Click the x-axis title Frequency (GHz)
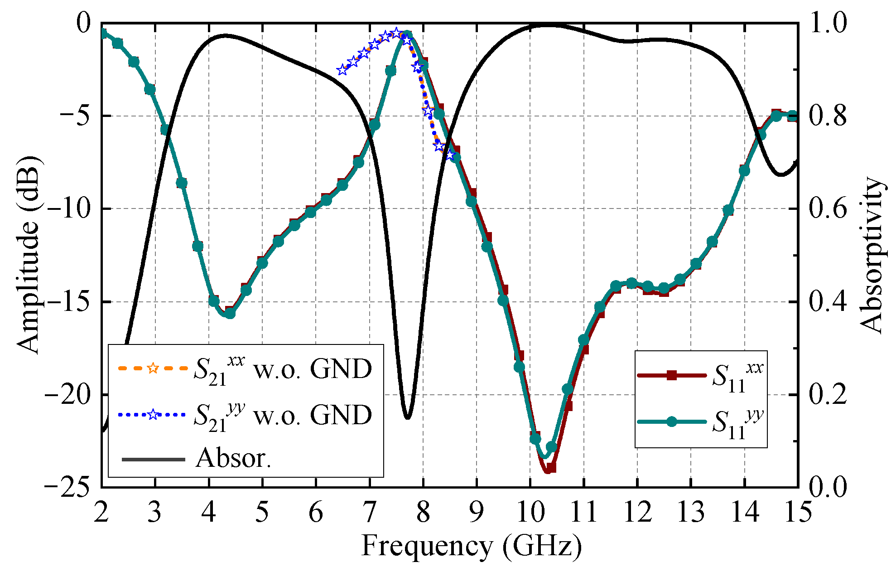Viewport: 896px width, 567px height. coord(471,546)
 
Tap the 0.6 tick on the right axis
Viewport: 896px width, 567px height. coord(827,209)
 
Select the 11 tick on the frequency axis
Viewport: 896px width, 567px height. coord(583,513)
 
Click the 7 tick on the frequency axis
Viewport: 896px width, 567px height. coord(370,513)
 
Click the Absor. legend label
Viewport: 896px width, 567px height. coord(233,459)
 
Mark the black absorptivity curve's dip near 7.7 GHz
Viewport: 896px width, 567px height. coord(408,418)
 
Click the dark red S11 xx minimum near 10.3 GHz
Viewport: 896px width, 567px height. coord(548,471)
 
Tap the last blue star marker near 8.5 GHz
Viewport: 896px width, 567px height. coord(450,155)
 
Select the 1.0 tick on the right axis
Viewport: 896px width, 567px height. coord(827,23)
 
